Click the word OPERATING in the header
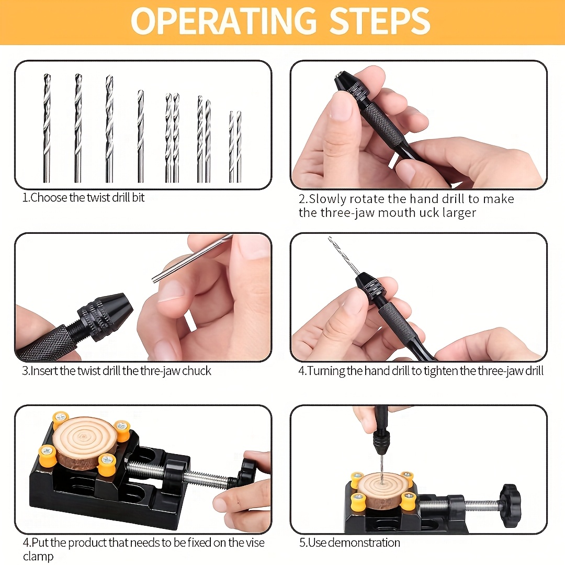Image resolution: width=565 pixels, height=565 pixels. pyautogui.click(x=223, y=21)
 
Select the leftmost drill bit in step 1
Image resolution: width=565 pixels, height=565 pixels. pyautogui.click(x=47, y=128)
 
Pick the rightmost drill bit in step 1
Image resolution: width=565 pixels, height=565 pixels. pyautogui.click(x=238, y=146)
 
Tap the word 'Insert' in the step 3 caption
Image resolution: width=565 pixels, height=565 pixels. pyautogui.click(x=44, y=371)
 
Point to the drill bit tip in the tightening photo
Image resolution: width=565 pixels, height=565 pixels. pyautogui.click(x=330, y=238)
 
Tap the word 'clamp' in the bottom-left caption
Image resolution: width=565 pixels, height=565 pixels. pyautogui.click(x=38, y=556)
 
